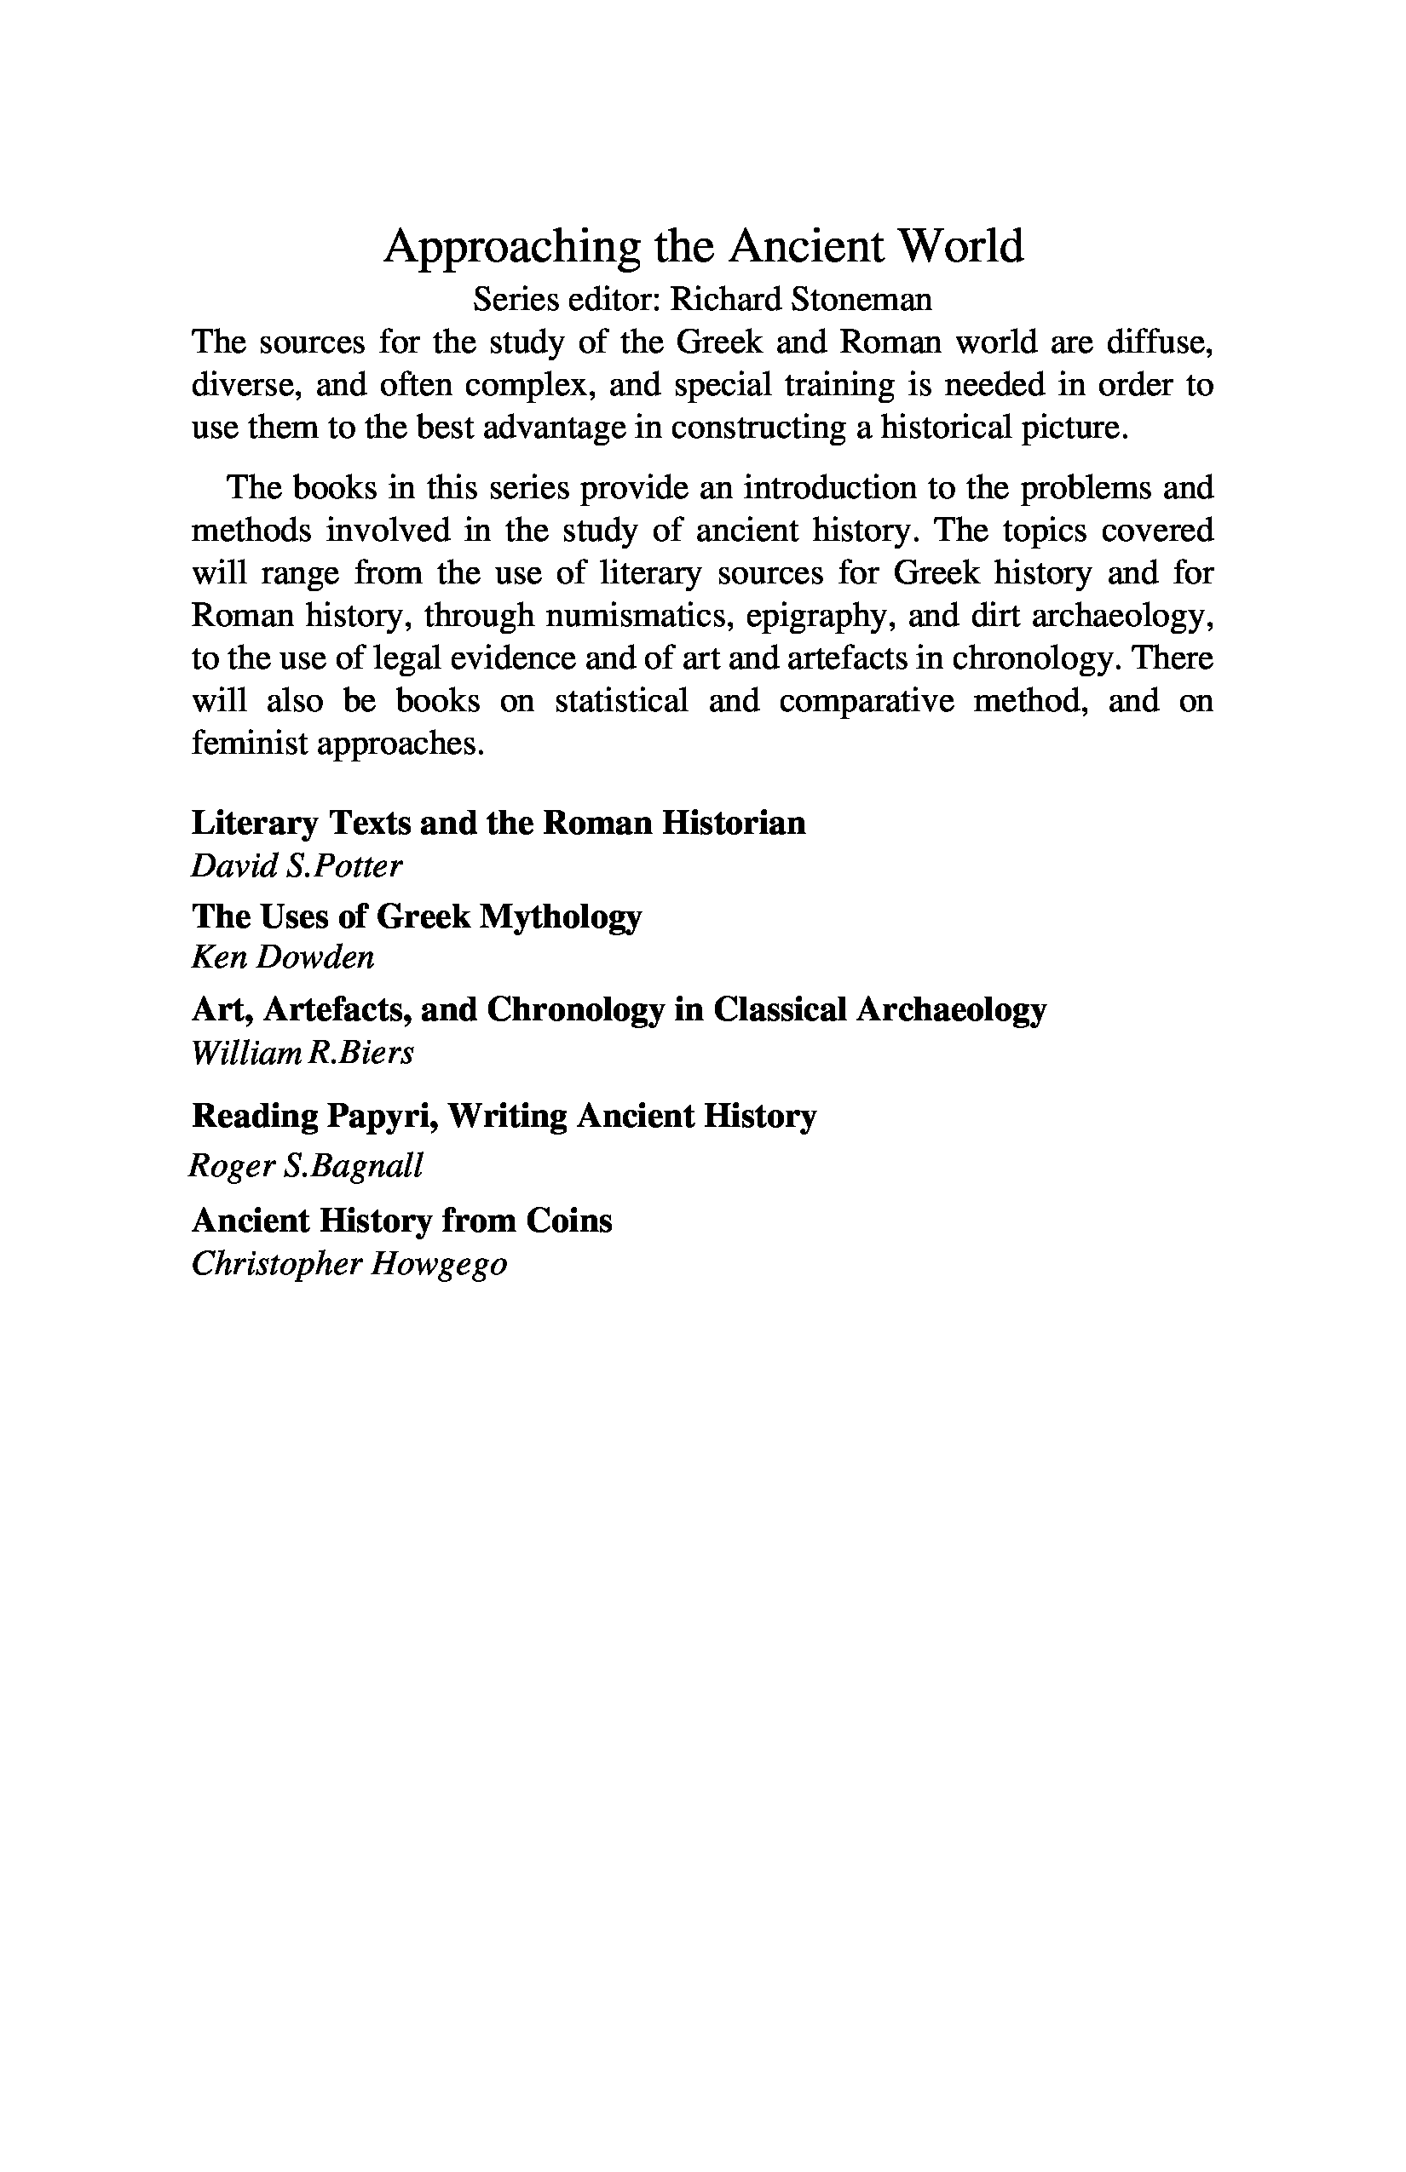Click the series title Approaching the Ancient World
pos(703,246)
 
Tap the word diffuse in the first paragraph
pos(1161,342)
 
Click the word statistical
pos(621,701)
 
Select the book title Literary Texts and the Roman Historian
pos(498,823)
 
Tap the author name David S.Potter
pos(297,865)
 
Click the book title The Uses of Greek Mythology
pos(417,916)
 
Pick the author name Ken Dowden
pos(283,957)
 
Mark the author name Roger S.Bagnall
pos(306,1166)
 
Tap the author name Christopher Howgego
pos(349,1264)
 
